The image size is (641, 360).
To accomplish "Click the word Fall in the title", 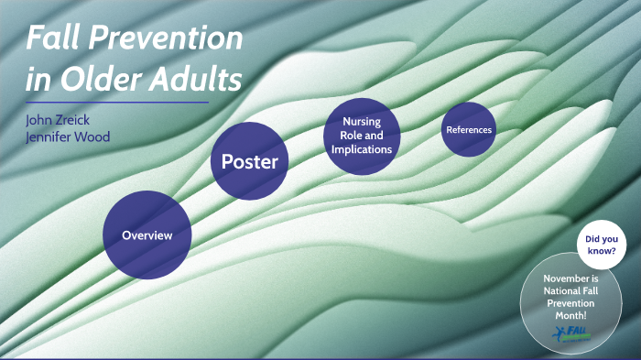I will [x=53, y=38].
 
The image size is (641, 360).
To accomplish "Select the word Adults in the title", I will [x=195, y=80].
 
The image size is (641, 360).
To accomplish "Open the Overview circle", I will [x=147, y=235].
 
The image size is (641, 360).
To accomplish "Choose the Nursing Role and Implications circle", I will [x=361, y=135].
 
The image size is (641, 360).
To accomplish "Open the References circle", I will [x=469, y=130].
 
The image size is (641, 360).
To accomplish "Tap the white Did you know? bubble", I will [x=600, y=245].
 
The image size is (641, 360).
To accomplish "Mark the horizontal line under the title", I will [x=116, y=103].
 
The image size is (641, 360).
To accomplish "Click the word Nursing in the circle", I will [x=361, y=122].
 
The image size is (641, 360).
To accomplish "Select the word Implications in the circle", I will [x=361, y=148].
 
